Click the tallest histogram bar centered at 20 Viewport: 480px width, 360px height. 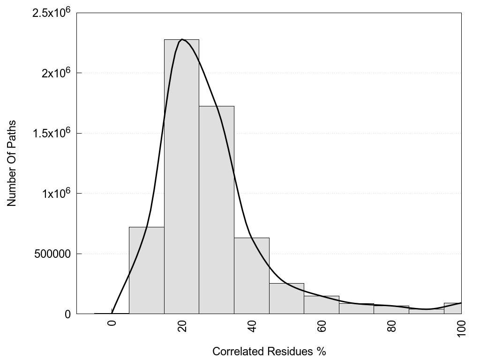pyautogui.click(x=181, y=178)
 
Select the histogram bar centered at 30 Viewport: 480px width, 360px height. pyautogui.click(x=217, y=211)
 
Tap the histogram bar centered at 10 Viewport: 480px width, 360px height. pyautogui.click(x=146, y=272)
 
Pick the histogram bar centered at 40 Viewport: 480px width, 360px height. pyautogui.click(x=252, y=277)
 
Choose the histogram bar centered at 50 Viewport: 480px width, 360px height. pyautogui.click(x=286, y=299)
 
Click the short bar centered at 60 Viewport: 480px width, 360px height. pyautogui.click(x=322, y=305)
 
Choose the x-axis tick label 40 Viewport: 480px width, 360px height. pyautogui.click(x=252, y=326)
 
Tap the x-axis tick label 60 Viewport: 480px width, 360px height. pyautogui.click(x=322, y=326)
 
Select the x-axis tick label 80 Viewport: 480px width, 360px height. pyautogui.click(x=392, y=326)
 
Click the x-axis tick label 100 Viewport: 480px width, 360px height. pyautogui.click(x=462, y=328)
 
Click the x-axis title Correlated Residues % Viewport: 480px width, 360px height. pyautogui.click(x=269, y=352)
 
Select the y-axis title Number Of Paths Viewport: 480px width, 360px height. pyautogui.click(x=12, y=163)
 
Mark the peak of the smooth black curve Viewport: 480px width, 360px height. pyautogui.click(x=182, y=39)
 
